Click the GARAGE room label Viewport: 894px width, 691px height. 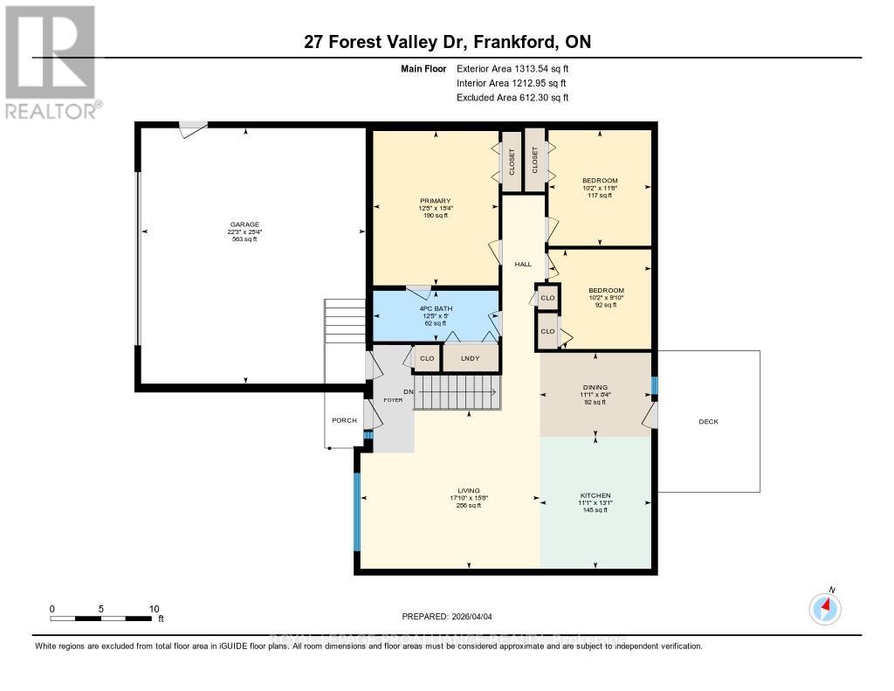244,225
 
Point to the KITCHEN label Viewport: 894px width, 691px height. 596,495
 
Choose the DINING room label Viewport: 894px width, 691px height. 595,387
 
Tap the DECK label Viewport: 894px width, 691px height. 708,421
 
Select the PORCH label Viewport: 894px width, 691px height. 344,420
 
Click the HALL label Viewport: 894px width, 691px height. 523,264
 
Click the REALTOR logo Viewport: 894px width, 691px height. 52,61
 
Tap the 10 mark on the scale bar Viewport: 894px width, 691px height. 154,609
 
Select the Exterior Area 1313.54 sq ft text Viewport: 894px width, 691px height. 512,68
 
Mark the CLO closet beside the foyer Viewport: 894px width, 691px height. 427,358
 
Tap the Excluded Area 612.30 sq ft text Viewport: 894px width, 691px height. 512,98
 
